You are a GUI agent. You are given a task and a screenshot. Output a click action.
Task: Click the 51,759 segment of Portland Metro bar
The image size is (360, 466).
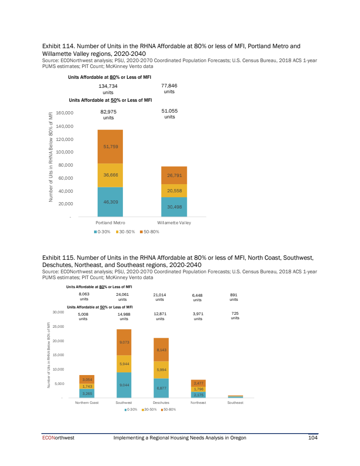[x=110, y=146]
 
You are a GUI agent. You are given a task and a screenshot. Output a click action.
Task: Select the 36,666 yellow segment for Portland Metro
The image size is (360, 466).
[x=110, y=175]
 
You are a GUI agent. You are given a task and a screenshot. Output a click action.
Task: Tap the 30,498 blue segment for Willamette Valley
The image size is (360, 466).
[x=174, y=207]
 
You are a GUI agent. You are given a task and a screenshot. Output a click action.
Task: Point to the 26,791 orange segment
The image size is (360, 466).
[x=174, y=176]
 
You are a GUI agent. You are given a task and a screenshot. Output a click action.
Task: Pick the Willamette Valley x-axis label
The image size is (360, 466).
[x=174, y=223]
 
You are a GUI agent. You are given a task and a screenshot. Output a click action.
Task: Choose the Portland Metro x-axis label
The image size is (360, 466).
[x=110, y=223]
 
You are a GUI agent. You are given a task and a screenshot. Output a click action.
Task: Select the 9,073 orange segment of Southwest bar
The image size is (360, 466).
[x=124, y=343]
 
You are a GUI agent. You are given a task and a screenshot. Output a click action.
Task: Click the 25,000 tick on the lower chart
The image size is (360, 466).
[x=59, y=326]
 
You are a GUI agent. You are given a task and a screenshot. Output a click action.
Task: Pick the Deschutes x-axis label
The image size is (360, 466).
[x=161, y=403]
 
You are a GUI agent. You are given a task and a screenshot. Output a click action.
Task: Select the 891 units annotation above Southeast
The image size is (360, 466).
[x=234, y=298]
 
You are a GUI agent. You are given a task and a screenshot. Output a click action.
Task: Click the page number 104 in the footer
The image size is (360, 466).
[x=313, y=438]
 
